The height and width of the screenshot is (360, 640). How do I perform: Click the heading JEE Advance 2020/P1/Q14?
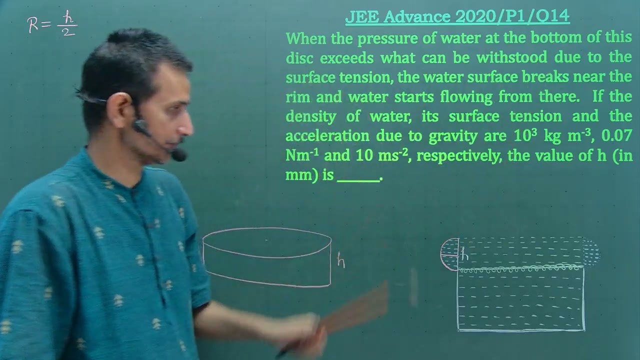[x=457, y=16]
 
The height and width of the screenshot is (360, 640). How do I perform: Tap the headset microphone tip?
[x=179, y=155]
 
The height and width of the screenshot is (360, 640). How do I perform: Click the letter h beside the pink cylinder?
[x=341, y=260]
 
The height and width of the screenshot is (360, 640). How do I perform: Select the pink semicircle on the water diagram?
[x=449, y=254]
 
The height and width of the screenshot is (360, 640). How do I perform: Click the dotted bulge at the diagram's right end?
[x=591, y=252]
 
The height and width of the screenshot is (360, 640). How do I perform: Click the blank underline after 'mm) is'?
[x=358, y=176]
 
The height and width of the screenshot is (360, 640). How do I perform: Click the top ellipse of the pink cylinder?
[x=267, y=242]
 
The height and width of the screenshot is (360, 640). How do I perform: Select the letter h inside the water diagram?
[x=464, y=255]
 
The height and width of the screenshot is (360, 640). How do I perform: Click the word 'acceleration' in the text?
[x=327, y=135]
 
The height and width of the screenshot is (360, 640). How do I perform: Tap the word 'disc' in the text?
[x=299, y=57]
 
